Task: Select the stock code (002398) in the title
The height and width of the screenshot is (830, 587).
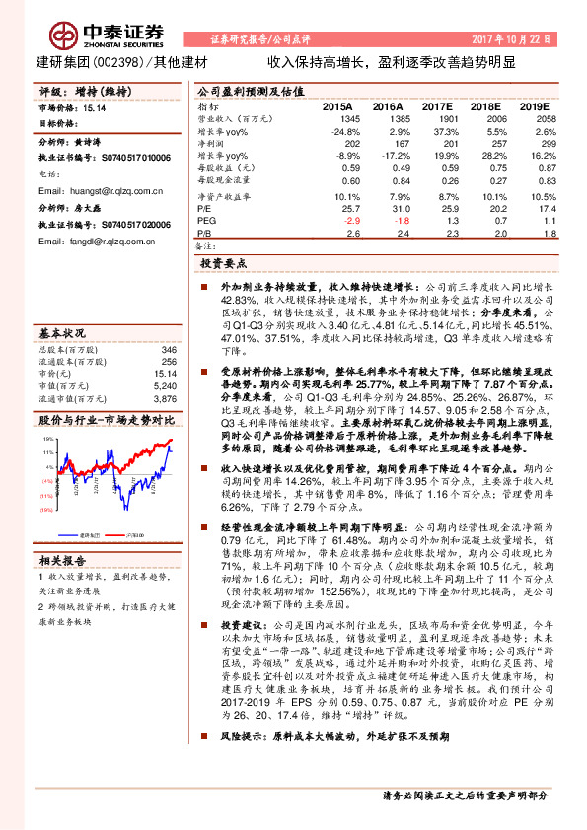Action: (x=119, y=60)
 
